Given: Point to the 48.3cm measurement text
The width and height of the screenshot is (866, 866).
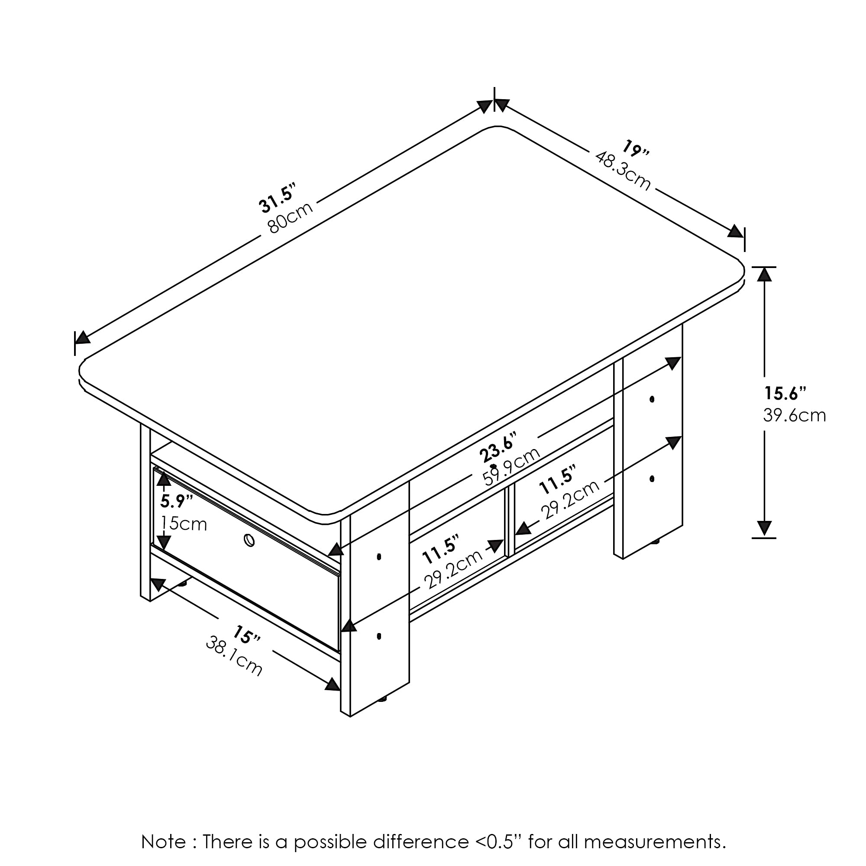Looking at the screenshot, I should (x=623, y=170).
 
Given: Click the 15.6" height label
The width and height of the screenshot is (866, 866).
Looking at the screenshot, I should (x=785, y=393).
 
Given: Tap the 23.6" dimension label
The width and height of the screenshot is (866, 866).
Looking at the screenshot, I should (x=498, y=447).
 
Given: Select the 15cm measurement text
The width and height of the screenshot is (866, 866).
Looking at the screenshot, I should (x=184, y=523).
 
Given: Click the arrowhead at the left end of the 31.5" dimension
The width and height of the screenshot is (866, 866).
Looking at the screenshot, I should (x=81, y=337).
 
